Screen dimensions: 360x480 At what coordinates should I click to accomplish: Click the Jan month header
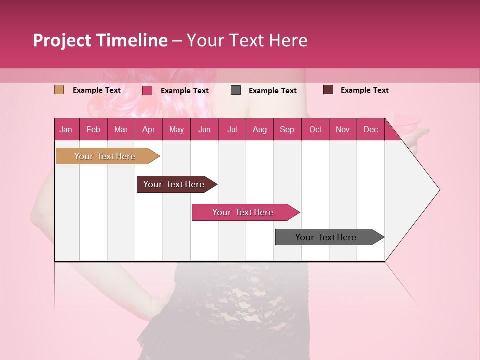click(66, 129)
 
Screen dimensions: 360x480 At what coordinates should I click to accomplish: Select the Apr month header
click(149, 129)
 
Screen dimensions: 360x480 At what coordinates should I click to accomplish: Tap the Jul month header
click(232, 129)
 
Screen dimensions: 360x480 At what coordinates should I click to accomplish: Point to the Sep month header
click(287, 129)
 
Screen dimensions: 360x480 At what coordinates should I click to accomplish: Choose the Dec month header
click(370, 129)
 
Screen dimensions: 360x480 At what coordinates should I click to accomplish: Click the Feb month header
click(93, 129)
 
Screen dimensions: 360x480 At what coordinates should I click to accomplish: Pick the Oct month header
click(315, 129)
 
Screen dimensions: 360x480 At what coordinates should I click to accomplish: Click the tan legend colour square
click(59, 90)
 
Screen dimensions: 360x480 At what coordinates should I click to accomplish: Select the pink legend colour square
click(147, 90)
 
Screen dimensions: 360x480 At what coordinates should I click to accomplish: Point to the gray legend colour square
click(236, 90)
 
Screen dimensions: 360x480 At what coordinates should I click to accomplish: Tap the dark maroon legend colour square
click(328, 90)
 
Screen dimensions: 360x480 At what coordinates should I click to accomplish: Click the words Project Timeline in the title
click(100, 40)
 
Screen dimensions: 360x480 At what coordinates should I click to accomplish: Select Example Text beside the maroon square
click(364, 90)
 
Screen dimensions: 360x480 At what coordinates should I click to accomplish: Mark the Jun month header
click(204, 129)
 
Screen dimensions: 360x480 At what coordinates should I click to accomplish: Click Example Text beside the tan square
click(97, 90)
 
